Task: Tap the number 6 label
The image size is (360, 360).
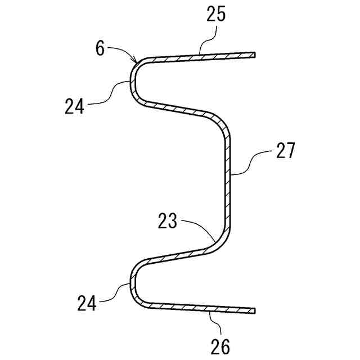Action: (100, 49)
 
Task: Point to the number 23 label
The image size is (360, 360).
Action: (166, 221)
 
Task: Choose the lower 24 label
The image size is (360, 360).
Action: (87, 304)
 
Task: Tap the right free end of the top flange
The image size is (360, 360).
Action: (254, 55)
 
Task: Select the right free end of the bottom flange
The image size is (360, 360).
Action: (254, 310)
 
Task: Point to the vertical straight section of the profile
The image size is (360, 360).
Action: (228, 180)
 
